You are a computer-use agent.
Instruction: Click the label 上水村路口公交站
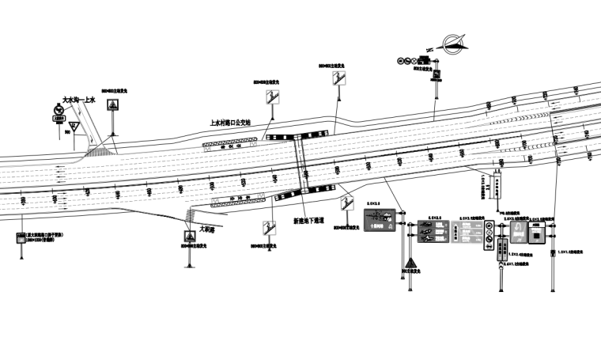pyautogui.click(x=229, y=123)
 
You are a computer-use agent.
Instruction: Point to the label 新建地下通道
pyautogui.click(x=308, y=221)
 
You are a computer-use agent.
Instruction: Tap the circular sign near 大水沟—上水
pyautogui.click(x=59, y=110)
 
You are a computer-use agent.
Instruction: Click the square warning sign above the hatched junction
pyautogui.click(x=114, y=106)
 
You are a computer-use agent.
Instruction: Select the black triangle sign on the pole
pyautogui.click(x=410, y=264)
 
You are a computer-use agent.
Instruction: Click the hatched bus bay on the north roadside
pyautogui.click(x=230, y=143)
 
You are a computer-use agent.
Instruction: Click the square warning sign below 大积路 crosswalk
pyautogui.click(x=190, y=237)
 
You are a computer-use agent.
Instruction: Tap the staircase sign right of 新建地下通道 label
pyautogui.click(x=346, y=203)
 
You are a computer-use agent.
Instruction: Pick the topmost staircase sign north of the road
pyautogui.click(x=342, y=78)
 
